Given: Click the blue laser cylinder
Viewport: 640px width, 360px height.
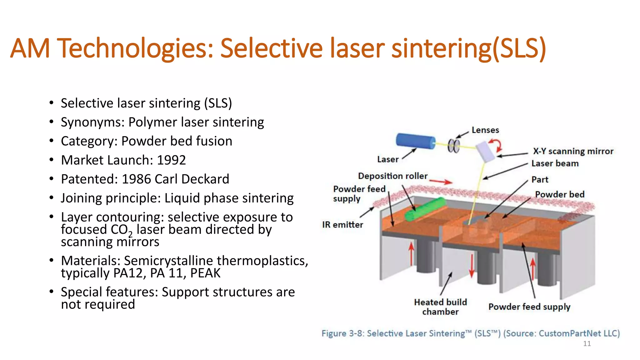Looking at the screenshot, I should (x=415, y=141).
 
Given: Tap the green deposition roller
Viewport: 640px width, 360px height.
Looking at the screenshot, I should (x=425, y=209).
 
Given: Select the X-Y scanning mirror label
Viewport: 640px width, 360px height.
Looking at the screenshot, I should (x=573, y=151).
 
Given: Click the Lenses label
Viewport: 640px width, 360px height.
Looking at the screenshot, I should (x=485, y=130).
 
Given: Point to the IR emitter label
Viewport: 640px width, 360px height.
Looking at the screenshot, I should (x=342, y=225).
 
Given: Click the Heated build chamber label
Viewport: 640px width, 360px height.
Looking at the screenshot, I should (x=440, y=307).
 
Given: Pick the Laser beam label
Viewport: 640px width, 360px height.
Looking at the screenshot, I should (x=555, y=163).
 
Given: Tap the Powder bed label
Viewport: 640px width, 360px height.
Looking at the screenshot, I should (x=560, y=194).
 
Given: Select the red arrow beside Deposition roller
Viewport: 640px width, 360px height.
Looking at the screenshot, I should (x=441, y=181).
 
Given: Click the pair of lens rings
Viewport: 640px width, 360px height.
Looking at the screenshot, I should (x=453, y=146).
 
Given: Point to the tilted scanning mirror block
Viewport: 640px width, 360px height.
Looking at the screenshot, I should (x=485, y=152).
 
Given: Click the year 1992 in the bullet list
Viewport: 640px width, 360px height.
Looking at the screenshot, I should (x=171, y=160).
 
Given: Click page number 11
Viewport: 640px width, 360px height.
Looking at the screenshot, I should (x=587, y=344).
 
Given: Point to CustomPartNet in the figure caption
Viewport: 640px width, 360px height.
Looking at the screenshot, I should (x=570, y=333).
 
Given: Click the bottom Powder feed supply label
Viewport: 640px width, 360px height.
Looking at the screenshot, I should (x=529, y=307).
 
